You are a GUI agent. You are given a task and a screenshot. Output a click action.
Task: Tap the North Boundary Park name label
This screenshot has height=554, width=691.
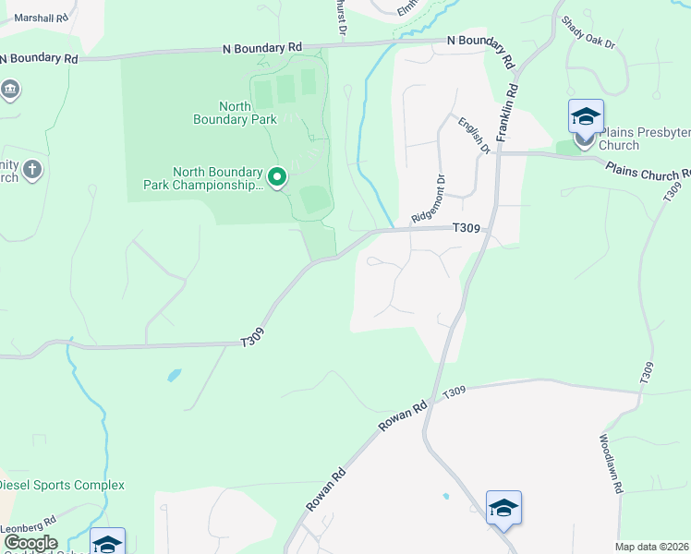(x=235, y=113)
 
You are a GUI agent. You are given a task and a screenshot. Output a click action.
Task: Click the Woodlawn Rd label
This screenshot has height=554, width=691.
(x=611, y=464)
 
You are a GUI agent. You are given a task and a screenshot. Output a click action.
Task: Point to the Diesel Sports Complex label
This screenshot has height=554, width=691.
(x=60, y=485)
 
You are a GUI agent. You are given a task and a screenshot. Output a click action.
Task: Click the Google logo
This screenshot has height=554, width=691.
(x=30, y=543)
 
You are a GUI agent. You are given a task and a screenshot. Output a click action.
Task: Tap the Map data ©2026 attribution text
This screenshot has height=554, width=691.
(x=652, y=547)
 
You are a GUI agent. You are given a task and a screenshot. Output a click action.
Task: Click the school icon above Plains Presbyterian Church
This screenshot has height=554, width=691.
(x=586, y=117)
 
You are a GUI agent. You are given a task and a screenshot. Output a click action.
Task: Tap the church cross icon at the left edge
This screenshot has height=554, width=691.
(x=32, y=169)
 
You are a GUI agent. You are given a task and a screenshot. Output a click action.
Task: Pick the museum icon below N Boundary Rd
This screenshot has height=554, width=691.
(x=10, y=90)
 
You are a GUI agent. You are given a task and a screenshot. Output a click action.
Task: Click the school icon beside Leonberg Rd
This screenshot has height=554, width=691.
(x=107, y=543)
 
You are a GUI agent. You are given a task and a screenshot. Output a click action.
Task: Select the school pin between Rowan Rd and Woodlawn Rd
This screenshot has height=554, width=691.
(x=503, y=509)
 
